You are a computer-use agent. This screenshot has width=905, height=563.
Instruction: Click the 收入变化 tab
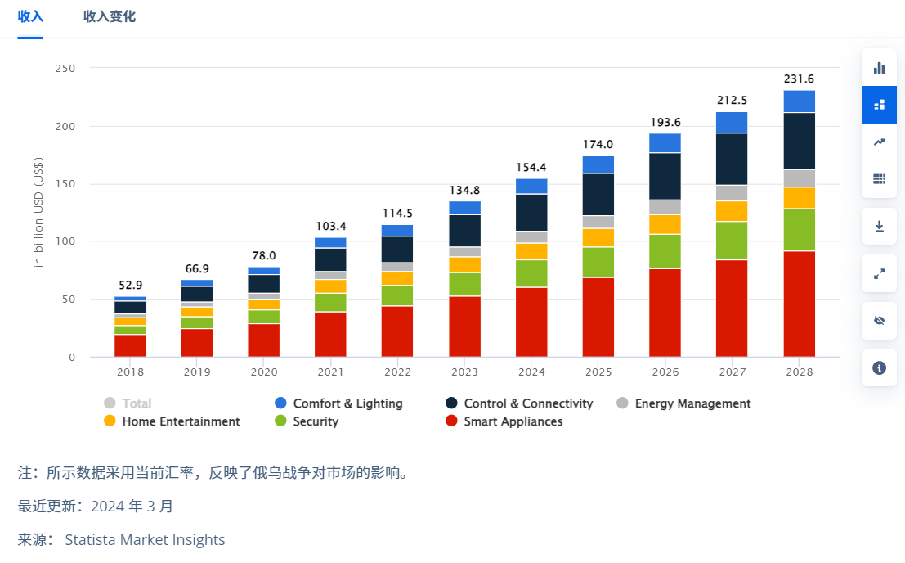pyautogui.click(x=110, y=16)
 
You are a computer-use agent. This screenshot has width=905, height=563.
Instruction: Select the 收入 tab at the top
pyautogui.click(x=30, y=16)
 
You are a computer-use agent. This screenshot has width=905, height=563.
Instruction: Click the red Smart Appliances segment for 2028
pyautogui.click(x=799, y=304)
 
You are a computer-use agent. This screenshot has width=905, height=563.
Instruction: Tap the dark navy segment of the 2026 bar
pyautogui.click(x=665, y=176)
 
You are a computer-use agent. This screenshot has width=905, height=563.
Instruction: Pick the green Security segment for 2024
pyautogui.click(x=531, y=273)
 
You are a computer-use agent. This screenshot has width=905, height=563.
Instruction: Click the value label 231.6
pyautogui.click(x=799, y=79)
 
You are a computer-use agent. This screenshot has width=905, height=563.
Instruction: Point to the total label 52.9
pyautogui.click(x=130, y=286)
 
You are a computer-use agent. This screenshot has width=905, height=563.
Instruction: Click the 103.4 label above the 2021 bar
pyautogui.click(x=330, y=226)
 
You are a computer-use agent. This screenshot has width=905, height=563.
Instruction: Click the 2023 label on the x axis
pyautogui.click(x=464, y=372)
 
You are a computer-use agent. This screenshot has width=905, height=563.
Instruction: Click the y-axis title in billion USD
pyautogui.click(x=38, y=213)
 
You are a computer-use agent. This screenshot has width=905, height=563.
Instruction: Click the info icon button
pyautogui.click(x=879, y=368)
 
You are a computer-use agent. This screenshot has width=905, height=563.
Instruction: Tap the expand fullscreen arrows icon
pyautogui.click(x=879, y=274)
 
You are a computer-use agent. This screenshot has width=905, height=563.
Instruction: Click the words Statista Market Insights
pyautogui.click(x=145, y=540)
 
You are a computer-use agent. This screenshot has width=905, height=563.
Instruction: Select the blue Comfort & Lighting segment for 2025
pyautogui.click(x=598, y=164)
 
